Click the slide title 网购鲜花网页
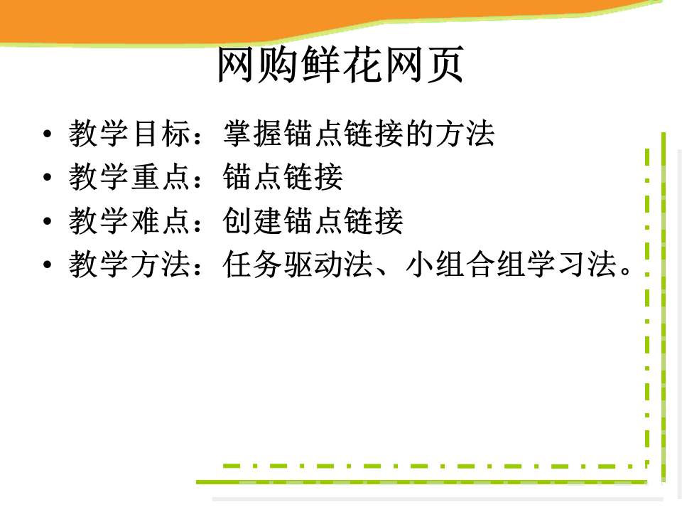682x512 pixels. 340,65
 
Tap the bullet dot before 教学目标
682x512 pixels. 48,134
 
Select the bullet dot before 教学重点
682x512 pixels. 48,177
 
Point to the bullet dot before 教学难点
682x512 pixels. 48,220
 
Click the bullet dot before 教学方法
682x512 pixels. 48,265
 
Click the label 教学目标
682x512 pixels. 129,133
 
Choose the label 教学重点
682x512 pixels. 129,177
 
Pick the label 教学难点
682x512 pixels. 129,220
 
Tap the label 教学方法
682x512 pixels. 129,264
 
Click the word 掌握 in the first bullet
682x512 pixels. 253,133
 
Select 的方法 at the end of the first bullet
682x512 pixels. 450,133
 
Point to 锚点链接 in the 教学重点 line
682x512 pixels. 283,177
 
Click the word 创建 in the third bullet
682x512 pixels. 253,220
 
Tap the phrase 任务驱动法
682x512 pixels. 298,264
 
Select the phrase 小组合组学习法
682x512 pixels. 511,264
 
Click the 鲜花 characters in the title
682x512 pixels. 340,65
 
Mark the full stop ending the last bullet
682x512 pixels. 626,271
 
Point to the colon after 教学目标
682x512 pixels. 198,135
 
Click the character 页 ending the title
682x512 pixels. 445,65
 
